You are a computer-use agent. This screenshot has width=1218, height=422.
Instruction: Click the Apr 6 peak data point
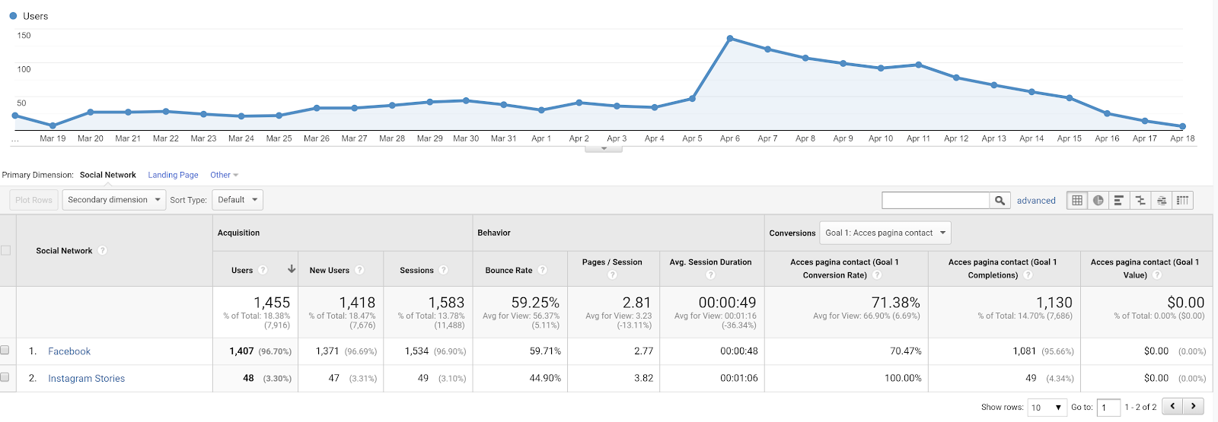pyautogui.click(x=730, y=38)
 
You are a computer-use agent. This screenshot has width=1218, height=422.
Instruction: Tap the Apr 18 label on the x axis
pyautogui.click(x=1182, y=138)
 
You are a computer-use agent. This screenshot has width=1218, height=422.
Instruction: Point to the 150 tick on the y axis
pyautogui.click(x=24, y=36)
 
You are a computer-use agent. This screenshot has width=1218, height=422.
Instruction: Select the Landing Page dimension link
pyautogui.click(x=173, y=175)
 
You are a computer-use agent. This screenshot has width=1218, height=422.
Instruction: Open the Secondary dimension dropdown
pyautogui.click(x=114, y=200)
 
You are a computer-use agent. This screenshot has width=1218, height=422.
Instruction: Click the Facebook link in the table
pyautogui.click(x=69, y=351)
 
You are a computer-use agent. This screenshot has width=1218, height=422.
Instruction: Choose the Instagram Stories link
pyautogui.click(x=86, y=379)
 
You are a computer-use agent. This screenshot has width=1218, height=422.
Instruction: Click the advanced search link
pyautogui.click(x=1036, y=201)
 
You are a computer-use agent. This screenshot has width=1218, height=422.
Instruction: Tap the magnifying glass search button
pyautogui.click(x=1000, y=200)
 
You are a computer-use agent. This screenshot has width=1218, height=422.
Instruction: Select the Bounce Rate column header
pyautogui.click(x=509, y=270)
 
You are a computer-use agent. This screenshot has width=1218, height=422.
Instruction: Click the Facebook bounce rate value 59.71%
pyautogui.click(x=545, y=351)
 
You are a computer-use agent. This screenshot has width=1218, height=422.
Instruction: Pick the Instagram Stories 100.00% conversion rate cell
pyautogui.click(x=902, y=378)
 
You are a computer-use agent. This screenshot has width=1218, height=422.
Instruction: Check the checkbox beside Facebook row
pyautogui.click(x=5, y=351)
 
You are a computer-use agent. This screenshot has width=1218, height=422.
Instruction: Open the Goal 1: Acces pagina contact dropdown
pyautogui.click(x=885, y=233)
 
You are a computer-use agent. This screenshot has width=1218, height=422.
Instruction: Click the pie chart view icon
pyautogui.click(x=1098, y=200)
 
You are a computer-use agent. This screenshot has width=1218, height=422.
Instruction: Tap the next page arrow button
pyautogui.click(x=1194, y=407)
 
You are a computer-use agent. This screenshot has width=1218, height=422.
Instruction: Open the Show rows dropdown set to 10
pyautogui.click(x=1047, y=408)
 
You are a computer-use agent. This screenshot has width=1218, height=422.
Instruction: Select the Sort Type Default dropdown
pyautogui.click(x=238, y=200)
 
